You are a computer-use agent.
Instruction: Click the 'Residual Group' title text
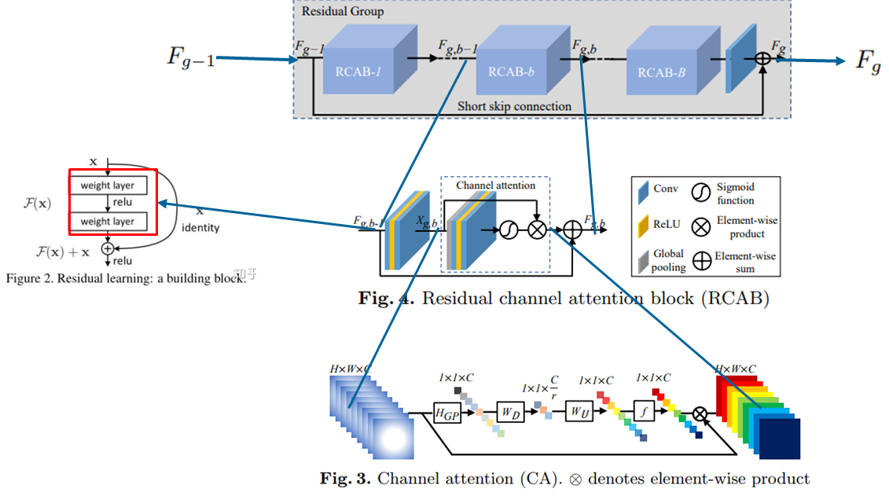339,13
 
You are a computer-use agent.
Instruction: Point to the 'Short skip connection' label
515,106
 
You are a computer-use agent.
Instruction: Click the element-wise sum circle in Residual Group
762,59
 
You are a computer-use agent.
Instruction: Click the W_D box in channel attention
509,411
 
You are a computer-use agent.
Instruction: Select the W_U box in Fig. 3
579,411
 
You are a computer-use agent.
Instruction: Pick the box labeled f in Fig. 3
643,411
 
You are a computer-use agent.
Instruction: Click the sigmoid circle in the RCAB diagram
509,230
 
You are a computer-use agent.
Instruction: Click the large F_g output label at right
868,60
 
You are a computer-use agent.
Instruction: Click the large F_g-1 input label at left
190,57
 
